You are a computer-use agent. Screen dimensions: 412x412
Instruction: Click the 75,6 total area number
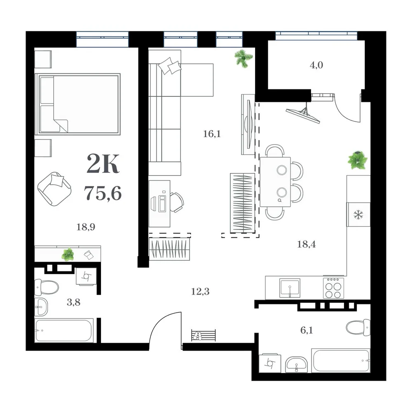103,193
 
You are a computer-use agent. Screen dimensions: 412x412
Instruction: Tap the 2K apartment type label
103,164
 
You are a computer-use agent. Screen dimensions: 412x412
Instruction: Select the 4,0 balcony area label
316,65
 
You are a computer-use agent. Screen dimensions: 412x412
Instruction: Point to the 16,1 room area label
212,134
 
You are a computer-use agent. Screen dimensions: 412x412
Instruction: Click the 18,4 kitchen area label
307,244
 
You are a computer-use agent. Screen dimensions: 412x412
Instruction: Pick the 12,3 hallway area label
200,291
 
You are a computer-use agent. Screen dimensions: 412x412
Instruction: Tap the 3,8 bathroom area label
74,302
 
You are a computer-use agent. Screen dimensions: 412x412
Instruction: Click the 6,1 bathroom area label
307,330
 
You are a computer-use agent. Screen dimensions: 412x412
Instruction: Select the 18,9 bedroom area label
86,227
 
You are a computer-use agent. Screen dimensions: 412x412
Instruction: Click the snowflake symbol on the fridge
358,215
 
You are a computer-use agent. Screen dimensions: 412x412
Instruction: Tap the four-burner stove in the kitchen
333,288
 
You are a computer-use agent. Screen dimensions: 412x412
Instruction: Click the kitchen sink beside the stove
290,288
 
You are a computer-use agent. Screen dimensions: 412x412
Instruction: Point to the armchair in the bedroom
54,189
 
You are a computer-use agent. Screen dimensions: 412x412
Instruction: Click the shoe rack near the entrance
204,335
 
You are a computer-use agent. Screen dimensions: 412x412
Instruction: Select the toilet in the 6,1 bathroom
358,328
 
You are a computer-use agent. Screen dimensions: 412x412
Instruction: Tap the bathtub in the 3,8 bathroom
64,330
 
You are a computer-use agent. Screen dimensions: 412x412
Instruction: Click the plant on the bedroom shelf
68,254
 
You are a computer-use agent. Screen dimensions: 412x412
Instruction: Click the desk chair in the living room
177,202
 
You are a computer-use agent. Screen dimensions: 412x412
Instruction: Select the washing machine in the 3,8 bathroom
86,276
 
